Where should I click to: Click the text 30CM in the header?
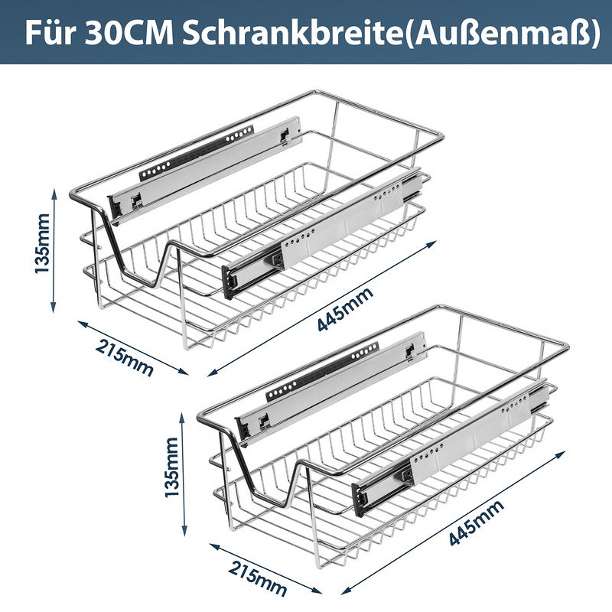[129, 34]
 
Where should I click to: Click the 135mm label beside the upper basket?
[42, 243]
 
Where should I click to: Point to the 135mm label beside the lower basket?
[171, 467]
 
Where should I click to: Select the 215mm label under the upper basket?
[124, 357]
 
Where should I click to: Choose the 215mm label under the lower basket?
[257, 578]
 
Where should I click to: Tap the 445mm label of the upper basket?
[345, 309]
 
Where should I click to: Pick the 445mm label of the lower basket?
[476, 522]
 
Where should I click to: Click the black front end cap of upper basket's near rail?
[229, 281]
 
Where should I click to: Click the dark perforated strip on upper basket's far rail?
[197, 153]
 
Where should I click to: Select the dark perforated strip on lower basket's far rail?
[322, 372]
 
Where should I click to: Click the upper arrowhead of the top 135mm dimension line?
[54, 194]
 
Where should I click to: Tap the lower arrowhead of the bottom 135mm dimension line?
[184, 531]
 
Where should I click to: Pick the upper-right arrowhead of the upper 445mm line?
[431, 243]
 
